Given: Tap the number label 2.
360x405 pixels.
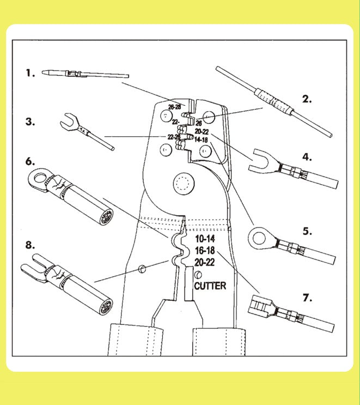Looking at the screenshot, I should click(308, 99).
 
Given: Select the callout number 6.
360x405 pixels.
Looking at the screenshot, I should click(29, 162).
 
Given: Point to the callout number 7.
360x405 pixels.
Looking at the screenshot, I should click(308, 298).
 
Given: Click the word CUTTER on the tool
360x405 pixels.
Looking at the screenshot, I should click(210, 285).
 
